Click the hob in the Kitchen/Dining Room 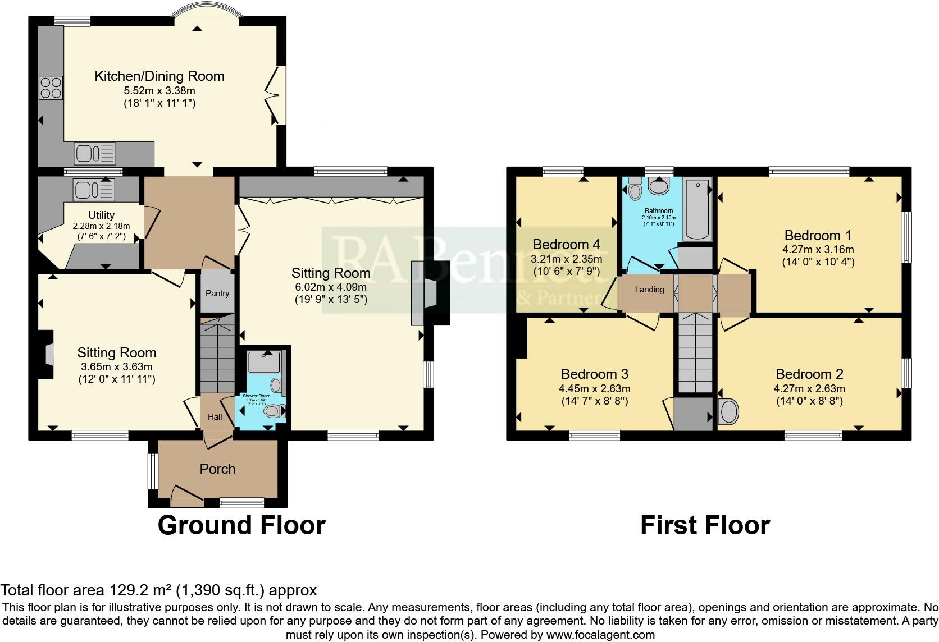pos(51,88)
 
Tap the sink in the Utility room pos(93,189)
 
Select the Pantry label pos(217,294)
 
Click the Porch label pos(217,469)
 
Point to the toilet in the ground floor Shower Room pos(275,411)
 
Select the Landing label pos(649,290)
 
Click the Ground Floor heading pos(241,525)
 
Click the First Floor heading pos(705,525)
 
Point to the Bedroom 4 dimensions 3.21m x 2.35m pos(566,259)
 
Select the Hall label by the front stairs pos(215,417)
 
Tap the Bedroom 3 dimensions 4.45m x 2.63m pos(594,388)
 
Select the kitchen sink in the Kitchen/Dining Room pos(95,153)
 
